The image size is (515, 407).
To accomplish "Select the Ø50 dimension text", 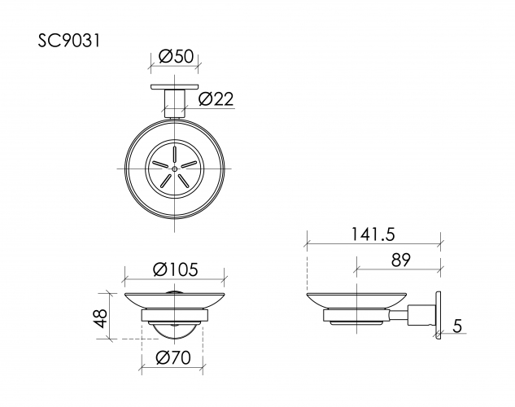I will click(176, 56).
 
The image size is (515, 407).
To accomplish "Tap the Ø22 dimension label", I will click(216, 99).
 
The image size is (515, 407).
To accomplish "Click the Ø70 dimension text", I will click(172, 357).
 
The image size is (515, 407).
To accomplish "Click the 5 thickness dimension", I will click(458, 326).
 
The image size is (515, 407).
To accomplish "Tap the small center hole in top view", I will click(175, 168).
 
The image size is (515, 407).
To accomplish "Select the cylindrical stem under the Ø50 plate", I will click(175, 103).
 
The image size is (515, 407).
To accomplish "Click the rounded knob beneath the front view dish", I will click(174, 330).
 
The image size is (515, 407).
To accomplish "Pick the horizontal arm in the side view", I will click(420, 313).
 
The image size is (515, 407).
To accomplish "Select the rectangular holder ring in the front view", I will click(174, 316).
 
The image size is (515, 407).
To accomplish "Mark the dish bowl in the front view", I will click(174, 298).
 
